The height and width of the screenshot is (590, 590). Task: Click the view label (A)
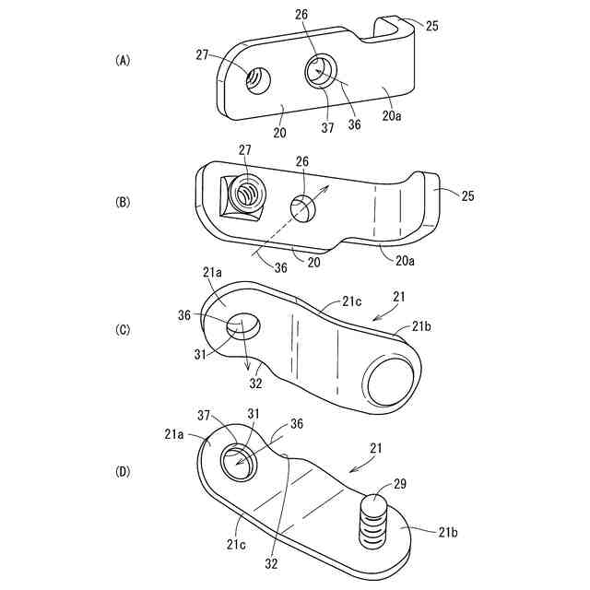click(x=123, y=60)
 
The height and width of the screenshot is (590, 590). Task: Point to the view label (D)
click(x=123, y=472)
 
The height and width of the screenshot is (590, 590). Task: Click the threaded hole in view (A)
click(x=256, y=81)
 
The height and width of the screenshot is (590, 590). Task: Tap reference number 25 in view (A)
click(x=431, y=26)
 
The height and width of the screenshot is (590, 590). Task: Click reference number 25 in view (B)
click(x=467, y=196)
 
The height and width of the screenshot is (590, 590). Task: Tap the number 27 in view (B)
click(x=244, y=150)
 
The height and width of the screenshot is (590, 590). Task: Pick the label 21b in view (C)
click(x=420, y=325)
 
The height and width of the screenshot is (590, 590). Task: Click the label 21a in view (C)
click(x=213, y=273)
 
